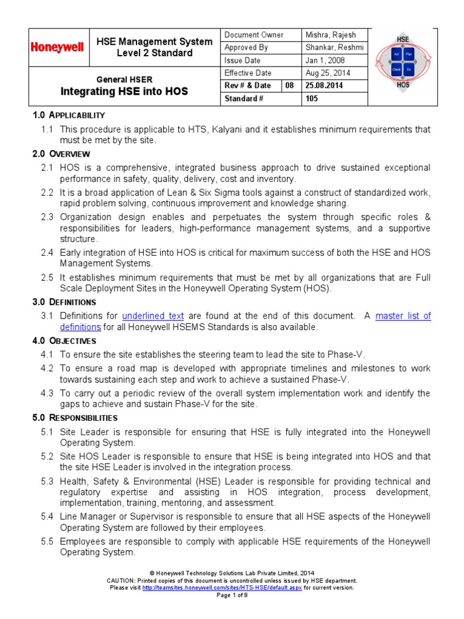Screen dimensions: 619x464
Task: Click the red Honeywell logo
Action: (x=57, y=47)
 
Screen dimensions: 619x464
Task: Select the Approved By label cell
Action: (x=246, y=48)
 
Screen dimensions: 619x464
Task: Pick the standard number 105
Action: (x=312, y=99)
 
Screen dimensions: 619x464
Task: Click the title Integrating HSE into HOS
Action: (x=124, y=92)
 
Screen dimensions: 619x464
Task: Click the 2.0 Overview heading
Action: (x=61, y=154)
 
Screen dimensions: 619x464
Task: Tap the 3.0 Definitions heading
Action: (x=63, y=302)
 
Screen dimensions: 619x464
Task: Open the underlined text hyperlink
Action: (x=153, y=316)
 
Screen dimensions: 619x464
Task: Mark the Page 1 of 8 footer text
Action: (x=232, y=595)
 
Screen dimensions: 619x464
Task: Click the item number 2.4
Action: (x=47, y=252)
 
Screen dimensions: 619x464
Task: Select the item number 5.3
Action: (x=47, y=481)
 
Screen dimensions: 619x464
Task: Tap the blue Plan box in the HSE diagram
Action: (x=409, y=54)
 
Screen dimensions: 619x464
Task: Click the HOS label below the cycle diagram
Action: (x=403, y=85)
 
